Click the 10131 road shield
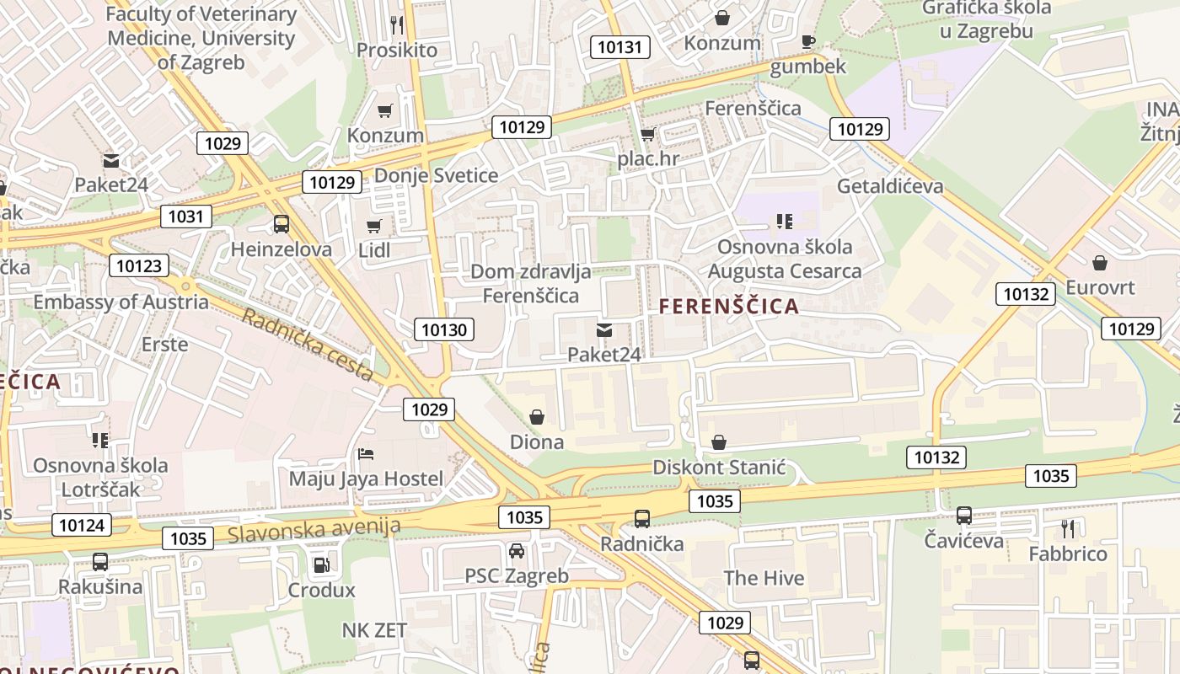click(619, 47)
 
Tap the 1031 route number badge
click(186, 217)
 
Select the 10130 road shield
click(444, 329)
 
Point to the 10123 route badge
click(138, 266)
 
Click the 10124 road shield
click(82, 525)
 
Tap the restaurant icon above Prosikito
click(397, 24)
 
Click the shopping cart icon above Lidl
click(374, 226)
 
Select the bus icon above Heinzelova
click(282, 224)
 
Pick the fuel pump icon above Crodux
click(321, 564)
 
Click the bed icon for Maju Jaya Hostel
click(366, 454)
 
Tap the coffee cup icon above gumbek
click(808, 41)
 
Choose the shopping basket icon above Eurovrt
click(1100, 263)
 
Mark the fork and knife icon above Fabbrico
click(1068, 528)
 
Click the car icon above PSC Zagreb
click(517, 551)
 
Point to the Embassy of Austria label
click(121, 302)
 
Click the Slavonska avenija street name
click(314, 529)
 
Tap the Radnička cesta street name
click(308, 345)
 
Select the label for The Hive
click(764, 578)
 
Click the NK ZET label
click(374, 630)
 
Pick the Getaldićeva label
click(890, 186)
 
